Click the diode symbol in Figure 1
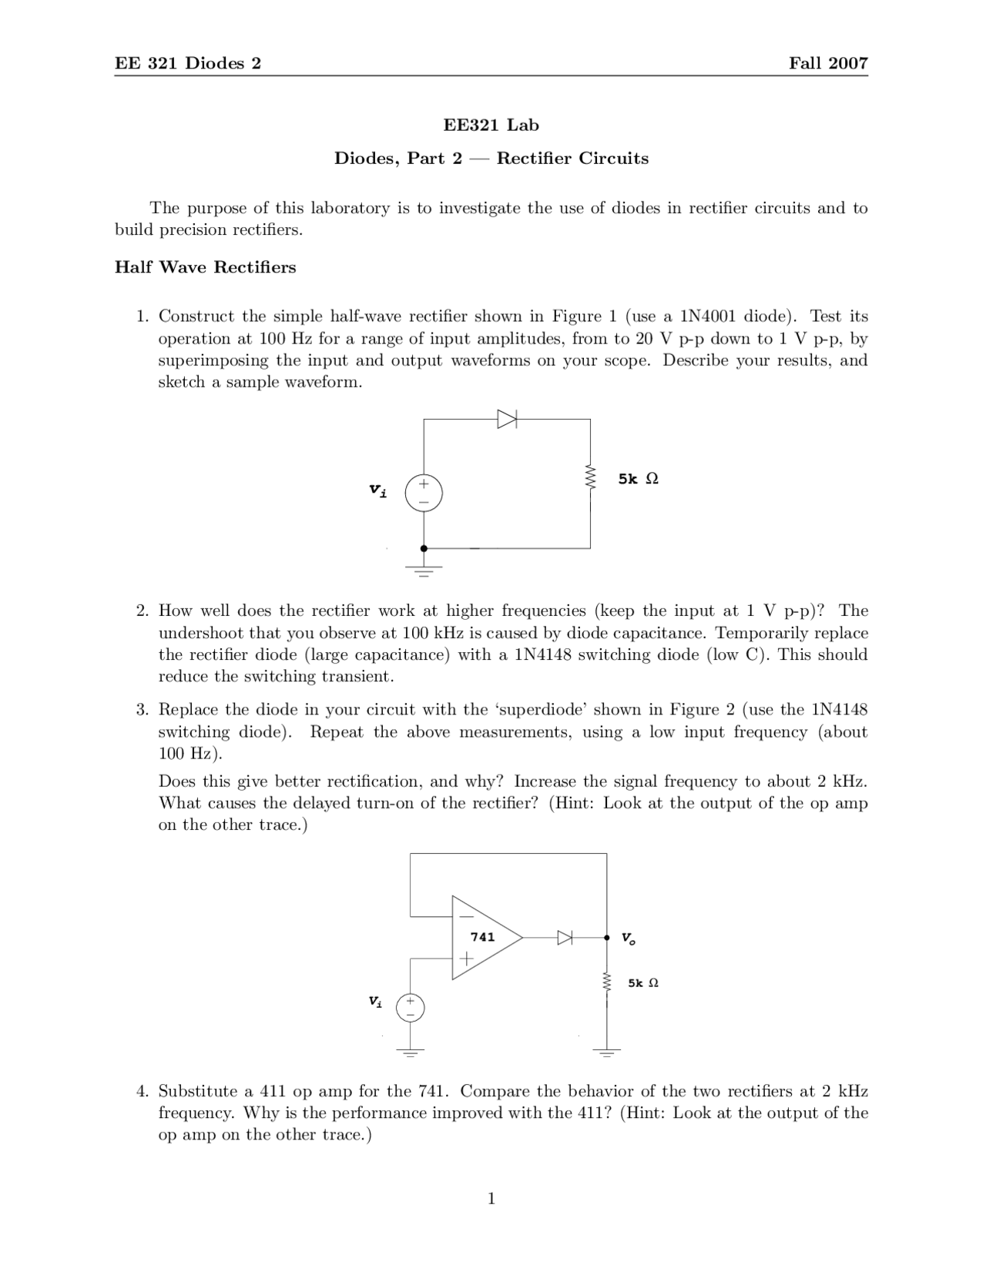click(x=507, y=419)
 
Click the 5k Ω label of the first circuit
click(x=638, y=479)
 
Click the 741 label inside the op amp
click(x=482, y=937)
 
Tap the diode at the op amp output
click(x=565, y=938)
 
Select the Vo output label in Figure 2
click(x=629, y=939)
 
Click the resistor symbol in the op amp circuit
click(x=607, y=983)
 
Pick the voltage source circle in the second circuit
click(x=411, y=1007)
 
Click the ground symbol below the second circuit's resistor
click(x=607, y=1051)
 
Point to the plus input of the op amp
click(x=465, y=959)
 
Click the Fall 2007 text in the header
click(x=828, y=63)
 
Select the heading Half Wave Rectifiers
click(x=206, y=267)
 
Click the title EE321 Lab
click(x=491, y=125)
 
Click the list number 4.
click(x=142, y=1092)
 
